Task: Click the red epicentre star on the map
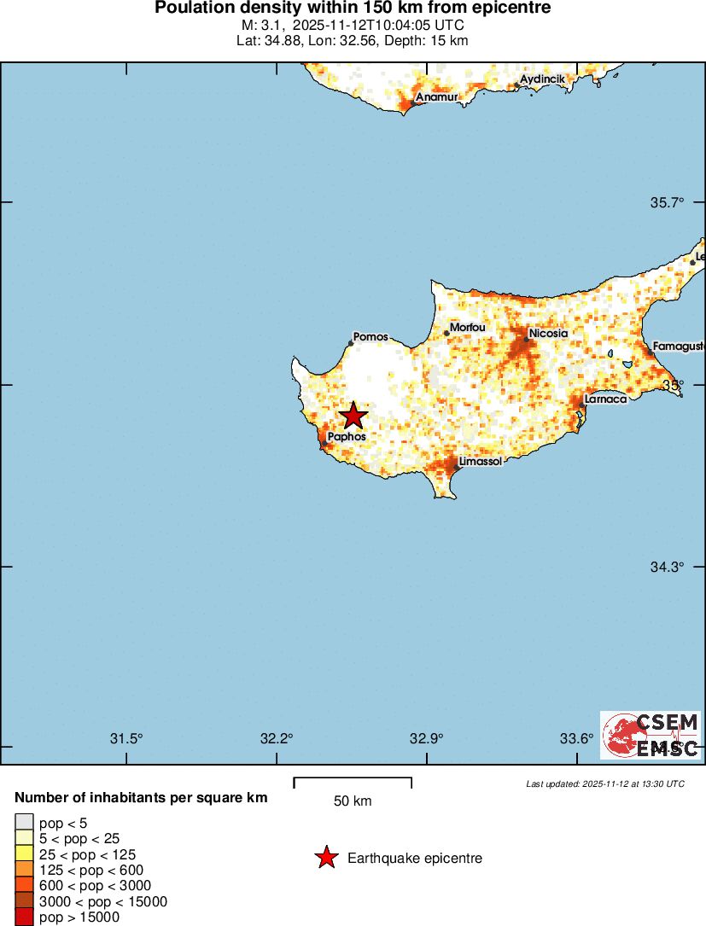tap(353, 416)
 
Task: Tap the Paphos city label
tap(347, 436)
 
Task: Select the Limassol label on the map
tap(480, 462)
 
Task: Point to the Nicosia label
tap(548, 333)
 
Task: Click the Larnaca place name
tap(606, 399)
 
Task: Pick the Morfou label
tap(467, 327)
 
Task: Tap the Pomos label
tap(371, 337)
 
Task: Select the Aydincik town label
tap(543, 79)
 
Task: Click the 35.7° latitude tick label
tap(668, 202)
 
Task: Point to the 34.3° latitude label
tap(668, 567)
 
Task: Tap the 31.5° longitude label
tap(127, 738)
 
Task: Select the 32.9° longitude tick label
tap(426, 738)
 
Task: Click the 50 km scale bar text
tap(352, 801)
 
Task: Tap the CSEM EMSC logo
tap(651, 735)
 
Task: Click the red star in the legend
tap(326, 858)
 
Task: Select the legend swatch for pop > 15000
tap(24, 917)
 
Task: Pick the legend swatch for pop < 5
tap(24, 823)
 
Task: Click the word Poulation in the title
tap(190, 8)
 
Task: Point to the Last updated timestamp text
tap(604, 783)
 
